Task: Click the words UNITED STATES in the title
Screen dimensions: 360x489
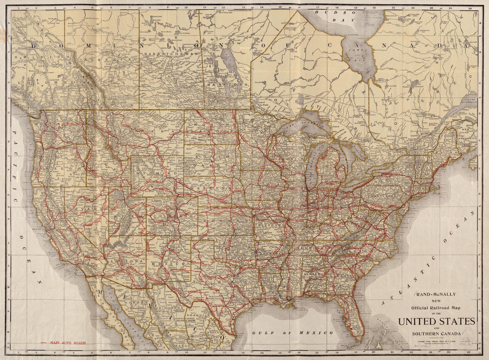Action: (x=437, y=321)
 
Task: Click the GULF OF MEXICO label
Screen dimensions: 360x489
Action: (x=292, y=332)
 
